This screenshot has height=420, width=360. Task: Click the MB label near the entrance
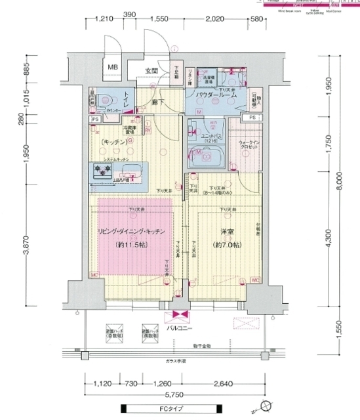113,67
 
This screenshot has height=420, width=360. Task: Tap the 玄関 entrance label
151,70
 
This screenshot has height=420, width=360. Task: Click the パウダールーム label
210,96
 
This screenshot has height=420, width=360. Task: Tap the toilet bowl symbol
104,100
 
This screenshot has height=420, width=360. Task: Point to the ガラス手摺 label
175,362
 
